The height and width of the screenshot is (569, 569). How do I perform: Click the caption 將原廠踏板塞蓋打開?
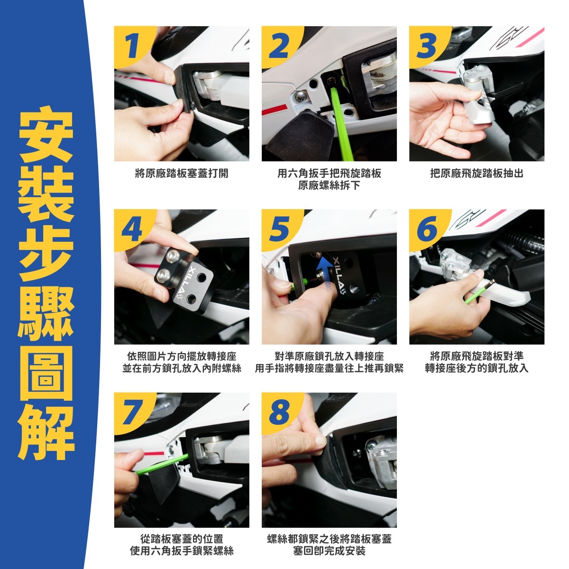pos(182,174)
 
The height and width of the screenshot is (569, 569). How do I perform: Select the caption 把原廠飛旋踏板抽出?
pos(477,174)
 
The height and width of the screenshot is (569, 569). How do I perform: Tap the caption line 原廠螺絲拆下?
pos(329,185)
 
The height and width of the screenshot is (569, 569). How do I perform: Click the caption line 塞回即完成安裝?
pos(329,551)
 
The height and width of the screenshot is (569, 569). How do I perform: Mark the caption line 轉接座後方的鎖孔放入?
pos(477,368)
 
